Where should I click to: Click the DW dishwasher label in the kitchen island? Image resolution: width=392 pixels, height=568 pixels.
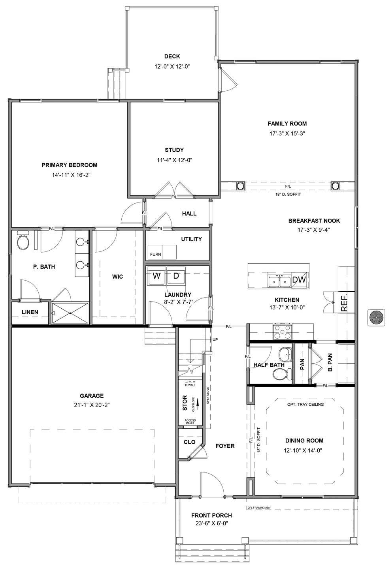click(x=299, y=280)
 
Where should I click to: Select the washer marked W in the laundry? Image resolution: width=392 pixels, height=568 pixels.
click(x=156, y=275)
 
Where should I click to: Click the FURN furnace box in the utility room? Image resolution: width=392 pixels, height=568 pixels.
click(x=155, y=254)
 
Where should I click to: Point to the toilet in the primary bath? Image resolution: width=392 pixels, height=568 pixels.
click(x=23, y=242)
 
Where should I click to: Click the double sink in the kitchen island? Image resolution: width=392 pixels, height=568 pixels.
click(x=279, y=281)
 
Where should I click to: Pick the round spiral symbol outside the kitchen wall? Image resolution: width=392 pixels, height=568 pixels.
click(x=375, y=317)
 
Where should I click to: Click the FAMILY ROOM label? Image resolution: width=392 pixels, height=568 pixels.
click(x=287, y=124)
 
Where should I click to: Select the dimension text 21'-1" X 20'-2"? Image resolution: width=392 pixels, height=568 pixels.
click(x=92, y=405)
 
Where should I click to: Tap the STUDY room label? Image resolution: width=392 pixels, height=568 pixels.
click(x=174, y=150)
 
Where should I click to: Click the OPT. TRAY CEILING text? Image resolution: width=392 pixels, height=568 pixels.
click(x=305, y=405)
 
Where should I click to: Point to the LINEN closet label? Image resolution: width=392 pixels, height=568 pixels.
click(x=30, y=312)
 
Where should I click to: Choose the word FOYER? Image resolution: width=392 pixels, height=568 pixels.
click(x=225, y=446)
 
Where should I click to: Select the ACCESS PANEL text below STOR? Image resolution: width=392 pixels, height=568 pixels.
click(x=190, y=422)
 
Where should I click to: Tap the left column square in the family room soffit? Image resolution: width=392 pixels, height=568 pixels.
click(x=240, y=186)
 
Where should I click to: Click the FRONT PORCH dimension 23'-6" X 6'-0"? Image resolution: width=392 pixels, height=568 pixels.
click(x=211, y=523)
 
